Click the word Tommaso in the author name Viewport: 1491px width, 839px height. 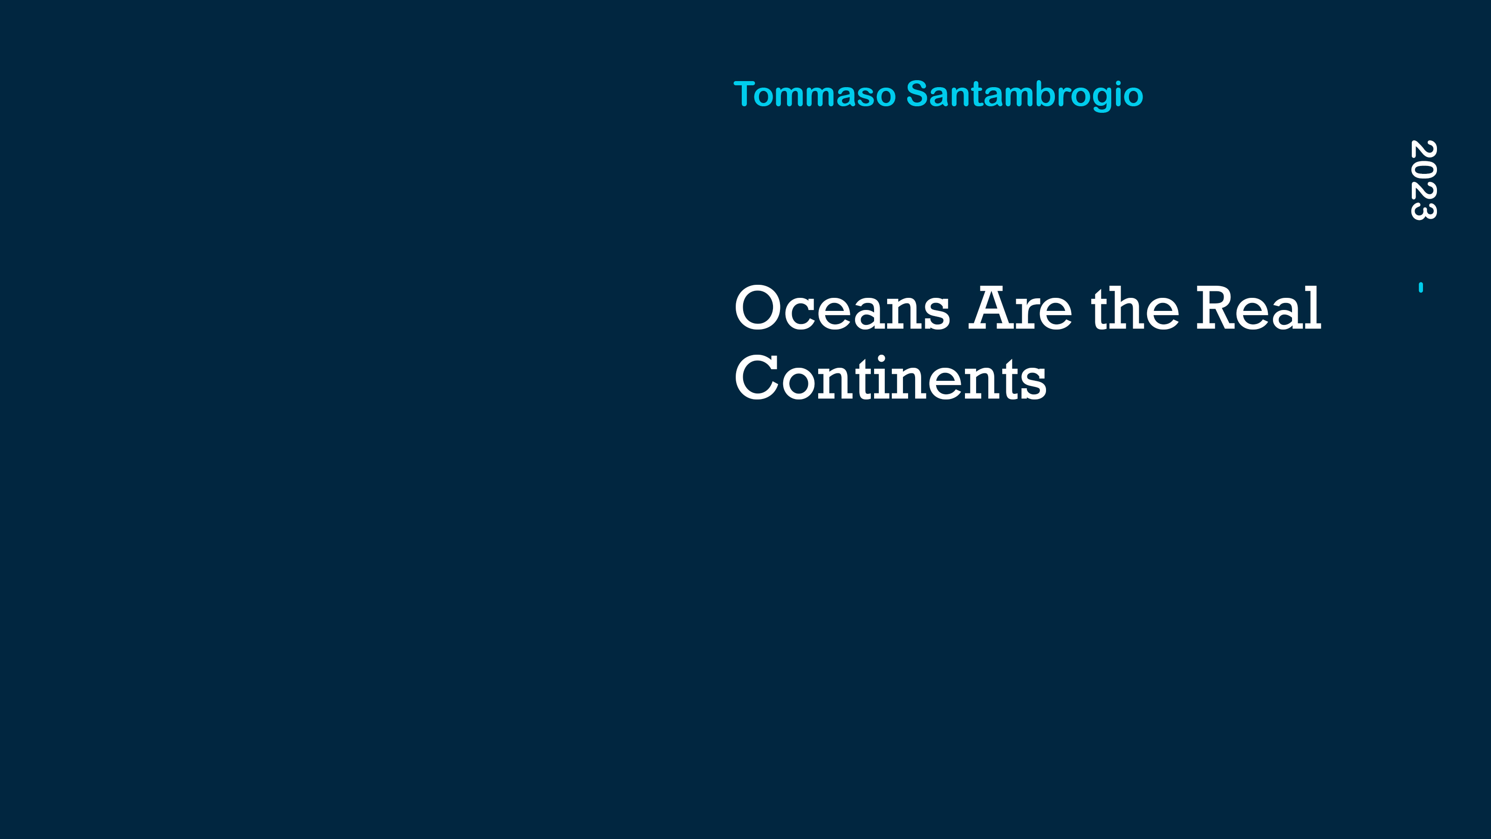click(x=814, y=94)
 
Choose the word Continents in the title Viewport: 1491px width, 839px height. click(x=890, y=378)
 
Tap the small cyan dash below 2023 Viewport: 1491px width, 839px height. click(x=1421, y=287)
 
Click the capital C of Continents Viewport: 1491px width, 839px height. click(x=756, y=378)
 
